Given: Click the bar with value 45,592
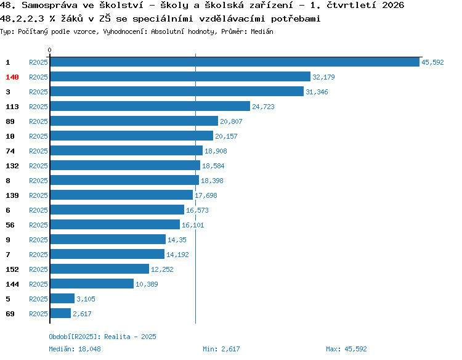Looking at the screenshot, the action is pos(235,62).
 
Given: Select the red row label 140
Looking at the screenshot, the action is pos(12,77).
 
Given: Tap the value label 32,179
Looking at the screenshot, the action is pos(323,77).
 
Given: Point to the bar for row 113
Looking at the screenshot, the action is pos(150,106).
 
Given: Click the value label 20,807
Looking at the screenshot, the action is pos(231,121).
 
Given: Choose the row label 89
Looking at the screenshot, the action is pos(10,121).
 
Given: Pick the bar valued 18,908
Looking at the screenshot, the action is pos(126,150).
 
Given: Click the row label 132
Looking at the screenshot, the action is pos(12,166).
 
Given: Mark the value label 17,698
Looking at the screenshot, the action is pos(206,195).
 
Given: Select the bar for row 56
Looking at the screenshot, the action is pos(115,224).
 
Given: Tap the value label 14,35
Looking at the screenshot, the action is pos(177,240).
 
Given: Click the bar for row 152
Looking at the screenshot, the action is pos(100,269).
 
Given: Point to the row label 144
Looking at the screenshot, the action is pos(12,284).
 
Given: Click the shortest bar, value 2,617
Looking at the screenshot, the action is pos(61,313).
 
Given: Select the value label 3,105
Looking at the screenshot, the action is pos(86,299).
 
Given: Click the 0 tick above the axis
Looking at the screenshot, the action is pos(49,50).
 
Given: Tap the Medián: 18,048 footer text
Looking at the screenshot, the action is pos(75,349).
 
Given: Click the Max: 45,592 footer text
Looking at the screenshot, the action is pos(346,349).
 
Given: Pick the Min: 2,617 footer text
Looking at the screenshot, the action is pos(221,349).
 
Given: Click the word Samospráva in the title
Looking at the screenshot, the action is pos(49,6).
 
